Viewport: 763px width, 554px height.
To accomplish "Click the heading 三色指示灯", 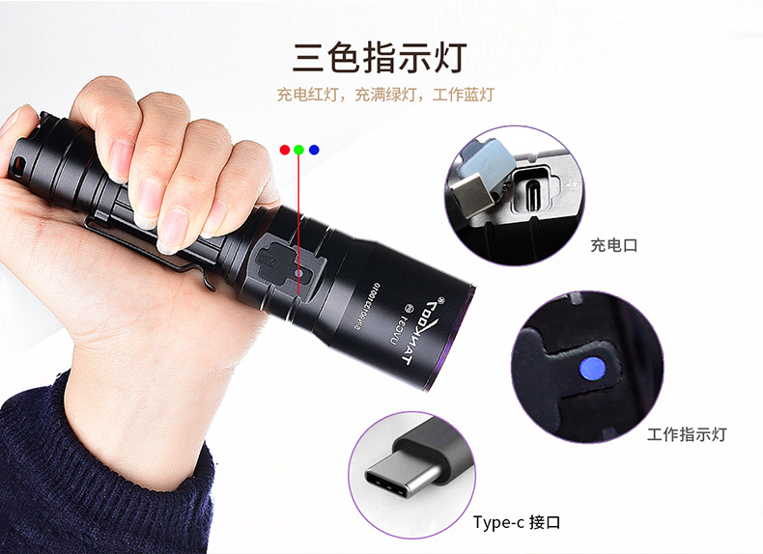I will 381,57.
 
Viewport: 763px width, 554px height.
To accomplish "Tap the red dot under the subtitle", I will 284,150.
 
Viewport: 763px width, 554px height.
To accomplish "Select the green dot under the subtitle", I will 298,150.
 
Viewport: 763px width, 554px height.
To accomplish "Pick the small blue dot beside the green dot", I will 314,150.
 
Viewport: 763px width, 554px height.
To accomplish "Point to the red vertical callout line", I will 298,212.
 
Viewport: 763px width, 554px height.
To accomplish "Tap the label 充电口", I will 613,245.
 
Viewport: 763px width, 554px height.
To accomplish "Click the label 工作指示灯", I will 686,434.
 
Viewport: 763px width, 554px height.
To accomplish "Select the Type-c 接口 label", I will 516,522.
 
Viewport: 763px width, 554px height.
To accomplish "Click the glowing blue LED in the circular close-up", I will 591,367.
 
